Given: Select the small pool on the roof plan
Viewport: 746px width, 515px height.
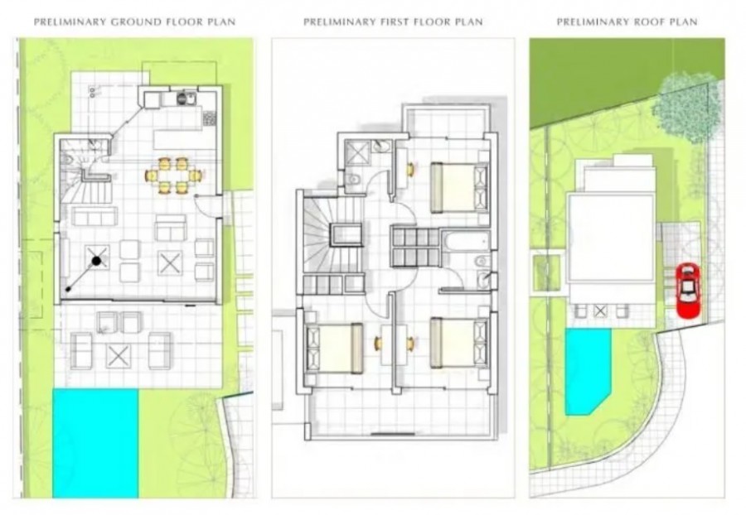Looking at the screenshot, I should [x=587, y=368].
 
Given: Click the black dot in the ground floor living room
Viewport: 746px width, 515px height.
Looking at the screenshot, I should [x=97, y=262].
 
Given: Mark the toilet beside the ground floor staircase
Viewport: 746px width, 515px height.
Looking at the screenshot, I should [x=70, y=159].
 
